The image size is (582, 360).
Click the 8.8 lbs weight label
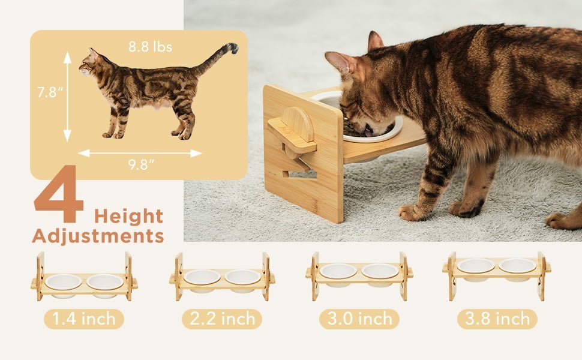(x=151, y=47)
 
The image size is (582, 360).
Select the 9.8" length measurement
(x=141, y=164)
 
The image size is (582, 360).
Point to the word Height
(x=129, y=217)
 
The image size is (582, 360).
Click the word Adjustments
(x=98, y=236)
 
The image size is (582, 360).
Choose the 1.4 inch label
(x=84, y=319)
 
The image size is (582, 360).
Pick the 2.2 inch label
(x=222, y=319)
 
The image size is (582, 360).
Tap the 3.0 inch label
(x=359, y=319)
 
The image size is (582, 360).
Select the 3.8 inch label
(x=497, y=319)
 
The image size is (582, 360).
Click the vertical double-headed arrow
(x=67, y=97)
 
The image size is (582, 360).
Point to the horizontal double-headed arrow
(x=140, y=153)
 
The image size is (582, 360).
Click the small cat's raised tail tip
(x=234, y=47)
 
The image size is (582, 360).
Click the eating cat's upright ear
(x=375, y=41)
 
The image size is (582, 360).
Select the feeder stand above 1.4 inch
(x=84, y=277)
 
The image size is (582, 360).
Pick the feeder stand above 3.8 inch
(x=497, y=275)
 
